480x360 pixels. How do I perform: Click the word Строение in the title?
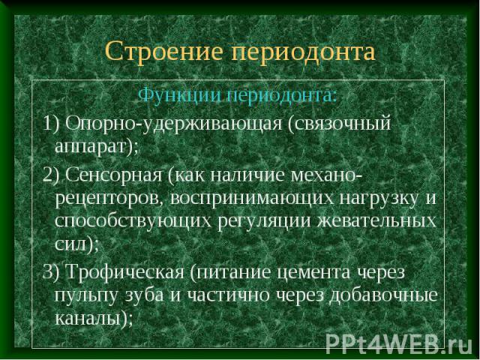[x=163, y=51]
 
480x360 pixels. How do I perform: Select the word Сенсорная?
[x=113, y=175]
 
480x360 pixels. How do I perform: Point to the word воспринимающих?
[x=252, y=199]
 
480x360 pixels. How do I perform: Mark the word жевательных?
[x=376, y=221]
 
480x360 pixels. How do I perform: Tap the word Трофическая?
[x=124, y=272]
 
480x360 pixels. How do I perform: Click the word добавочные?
[x=383, y=295]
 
